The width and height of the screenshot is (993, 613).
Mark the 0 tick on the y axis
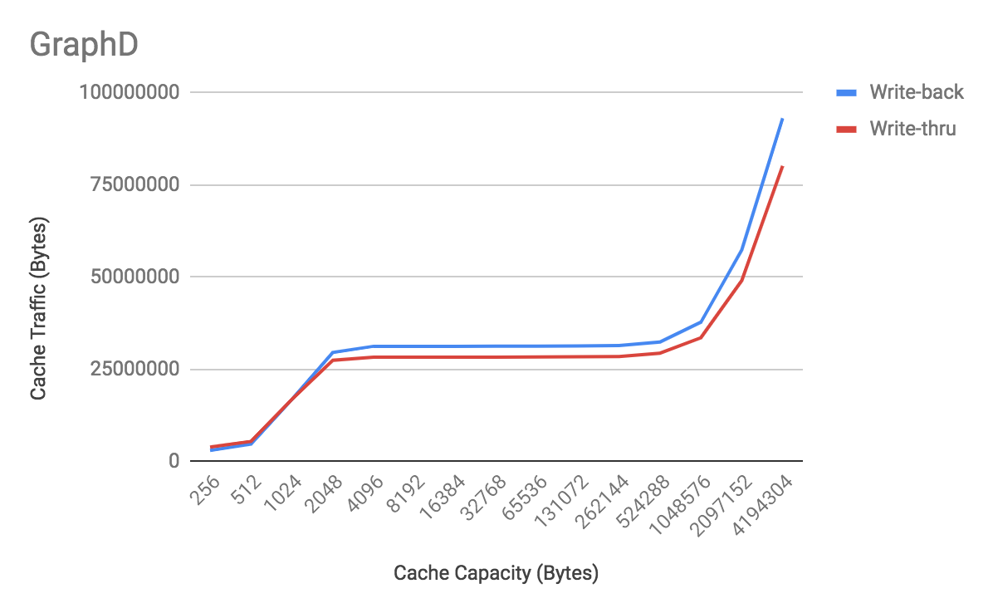pos(174,461)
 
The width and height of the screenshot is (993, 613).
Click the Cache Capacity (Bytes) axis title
pos(496,573)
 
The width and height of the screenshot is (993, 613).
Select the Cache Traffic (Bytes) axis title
pos(38,308)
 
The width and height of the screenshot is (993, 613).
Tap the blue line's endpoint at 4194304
pos(782,119)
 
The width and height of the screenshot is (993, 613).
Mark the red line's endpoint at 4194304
pos(782,166)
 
